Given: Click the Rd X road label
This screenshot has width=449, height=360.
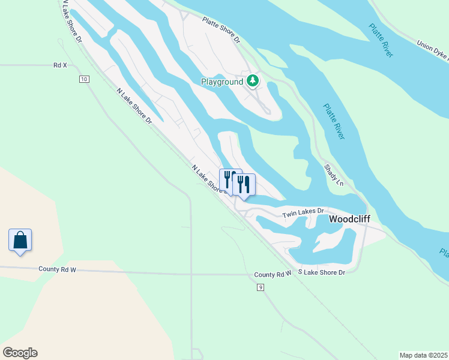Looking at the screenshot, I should pyautogui.click(x=60, y=65).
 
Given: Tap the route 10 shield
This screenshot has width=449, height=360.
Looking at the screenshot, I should pyautogui.click(x=83, y=79).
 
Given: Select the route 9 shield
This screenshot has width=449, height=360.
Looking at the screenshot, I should pyautogui.click(x=260, y=288).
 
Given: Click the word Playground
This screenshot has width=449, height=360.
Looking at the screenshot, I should pyautogui.click(x=222, y=82).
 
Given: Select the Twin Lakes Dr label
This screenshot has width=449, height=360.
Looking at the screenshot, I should pyautogui.click(x=303, y=212).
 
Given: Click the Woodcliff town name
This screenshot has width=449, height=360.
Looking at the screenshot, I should pyautogui.click(x=349, y=220).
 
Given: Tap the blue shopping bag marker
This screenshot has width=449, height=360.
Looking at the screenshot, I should pyautogui.click(x=20, y=240).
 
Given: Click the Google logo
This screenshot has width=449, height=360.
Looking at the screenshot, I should pyautogui.click(x=20, y=353).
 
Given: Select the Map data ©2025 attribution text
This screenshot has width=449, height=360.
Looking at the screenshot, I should pyautogui.click(x=424, y=355).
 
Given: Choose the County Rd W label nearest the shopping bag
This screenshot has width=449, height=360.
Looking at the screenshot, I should pyautogui.click(x=57, y=269).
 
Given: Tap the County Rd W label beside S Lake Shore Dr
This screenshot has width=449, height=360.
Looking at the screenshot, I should pyautogui.click(x=272, y=274).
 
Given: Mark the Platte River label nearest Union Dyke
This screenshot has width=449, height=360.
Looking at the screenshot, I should pyautogui.click(x=381, y=41).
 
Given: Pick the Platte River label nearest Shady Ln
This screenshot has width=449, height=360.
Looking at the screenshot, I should pyautogui.click(x=334, y=122).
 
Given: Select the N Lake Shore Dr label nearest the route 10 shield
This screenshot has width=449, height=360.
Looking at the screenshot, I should pyautogui.click(x=134, y=106).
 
